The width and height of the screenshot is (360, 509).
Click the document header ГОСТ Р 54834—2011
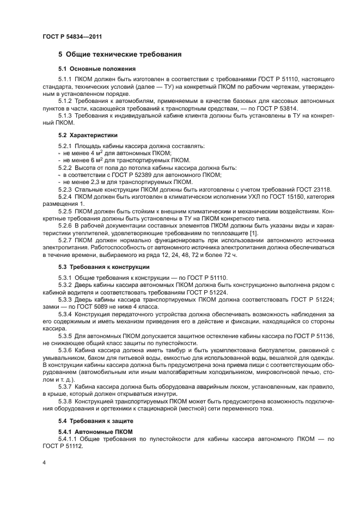pyautogui.click(x=72, y=36)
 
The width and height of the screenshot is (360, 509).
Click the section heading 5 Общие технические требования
pyautogui.click(x=120, y=55)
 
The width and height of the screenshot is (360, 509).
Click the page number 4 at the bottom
pyautogui.click(x=44, y=462)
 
